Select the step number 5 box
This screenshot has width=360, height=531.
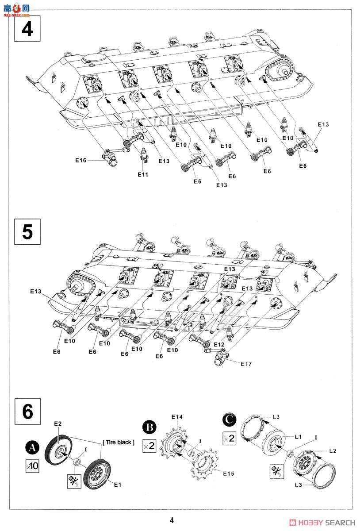[x=27, y=232]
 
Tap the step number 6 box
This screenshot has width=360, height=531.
[x=27, y=411]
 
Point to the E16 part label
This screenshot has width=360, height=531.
[x=80, y=160]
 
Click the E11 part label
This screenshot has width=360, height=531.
[x=142, y=174]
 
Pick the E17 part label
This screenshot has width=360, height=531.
[x=246, y=364]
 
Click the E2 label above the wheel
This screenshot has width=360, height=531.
[x=58, y=423]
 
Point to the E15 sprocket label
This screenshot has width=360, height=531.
[x=228, y=473]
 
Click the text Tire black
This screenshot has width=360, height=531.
[x=118, y=442]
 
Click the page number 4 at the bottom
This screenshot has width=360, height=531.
[x=172, y=520]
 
